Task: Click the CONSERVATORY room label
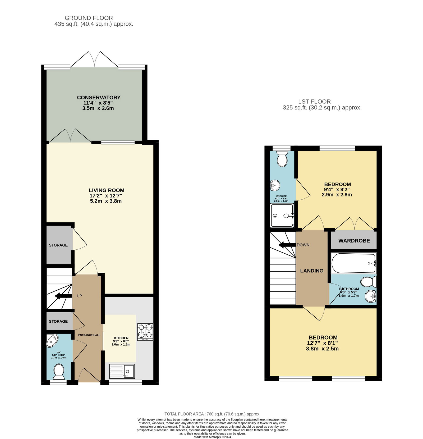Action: pyautogui.click(x=99, y=97)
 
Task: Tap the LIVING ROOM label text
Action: pyautogui.click(x=107, y=190)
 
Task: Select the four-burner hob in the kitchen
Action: pyautogui.click(x=145, y=332)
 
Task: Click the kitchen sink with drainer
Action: pyautogui.click(x=122, y=371)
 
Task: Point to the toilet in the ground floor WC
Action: pyautogui.click(x=59, y=372)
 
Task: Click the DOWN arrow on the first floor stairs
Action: pyautogui.click(x=287, y=245)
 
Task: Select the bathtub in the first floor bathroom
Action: pyautogui.click(x=354, y=263)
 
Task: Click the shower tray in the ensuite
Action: pyautogui.click(x=282, y=215)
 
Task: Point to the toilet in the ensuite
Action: pyautogui.click(x=282, y=159)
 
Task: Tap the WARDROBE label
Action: pyautogui.click(x=354, y=241)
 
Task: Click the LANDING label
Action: pyautogui.click(x=312, y=271)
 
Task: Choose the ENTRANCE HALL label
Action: pyautogui.click(x=89, y=335)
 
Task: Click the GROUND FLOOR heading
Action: pyautogui.click(x=89, y=18)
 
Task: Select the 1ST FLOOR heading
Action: pyautogui.click(x=314, y=102)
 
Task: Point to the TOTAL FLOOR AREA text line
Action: pyautogui.click(x=212, y=414)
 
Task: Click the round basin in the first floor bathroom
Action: pyautogui.click(x=371, y=296)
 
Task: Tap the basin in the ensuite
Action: pyautogui.click(x=275, y=185)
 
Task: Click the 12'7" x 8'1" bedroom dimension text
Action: pyautogui.click(x=322, y=343)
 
